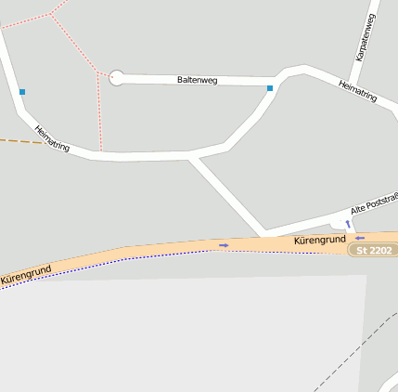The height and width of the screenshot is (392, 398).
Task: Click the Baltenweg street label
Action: (x=197, y=81)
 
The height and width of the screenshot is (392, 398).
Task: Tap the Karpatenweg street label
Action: (x=364, y=38)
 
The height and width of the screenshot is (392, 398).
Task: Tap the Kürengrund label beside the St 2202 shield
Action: (x=319, y=241)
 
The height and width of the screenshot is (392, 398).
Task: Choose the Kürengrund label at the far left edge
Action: (x=25, y=273)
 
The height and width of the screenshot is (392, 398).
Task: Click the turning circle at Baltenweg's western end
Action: (x=116, y=78)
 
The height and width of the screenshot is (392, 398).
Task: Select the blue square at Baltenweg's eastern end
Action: (x=270, y=88)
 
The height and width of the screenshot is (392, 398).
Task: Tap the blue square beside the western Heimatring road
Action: (x=22, y=92)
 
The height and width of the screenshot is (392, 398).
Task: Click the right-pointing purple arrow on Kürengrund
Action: (x=223, y=245)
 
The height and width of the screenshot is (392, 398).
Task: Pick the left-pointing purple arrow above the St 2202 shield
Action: (x=360, y=238)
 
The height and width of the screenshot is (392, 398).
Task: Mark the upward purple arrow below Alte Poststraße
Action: (x=348, y=224)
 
